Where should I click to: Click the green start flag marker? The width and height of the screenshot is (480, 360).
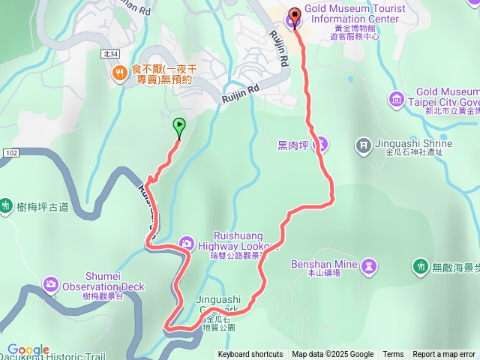pos(179,126)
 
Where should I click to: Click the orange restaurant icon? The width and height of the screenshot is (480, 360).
pos(118,72)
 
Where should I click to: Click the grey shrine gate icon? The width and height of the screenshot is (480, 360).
pos(363,143)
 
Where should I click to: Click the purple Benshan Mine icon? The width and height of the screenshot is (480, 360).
pos(369,265)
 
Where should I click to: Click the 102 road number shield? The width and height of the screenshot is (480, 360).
pos(10,153)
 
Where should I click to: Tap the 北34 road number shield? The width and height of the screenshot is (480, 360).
pos(109,54)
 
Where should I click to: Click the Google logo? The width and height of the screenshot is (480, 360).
pos(28,350)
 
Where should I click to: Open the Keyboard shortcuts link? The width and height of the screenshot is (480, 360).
pos(250,355)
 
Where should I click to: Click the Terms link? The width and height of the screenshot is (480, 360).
pos(393,355)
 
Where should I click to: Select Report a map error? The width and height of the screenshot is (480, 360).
pos(444,355)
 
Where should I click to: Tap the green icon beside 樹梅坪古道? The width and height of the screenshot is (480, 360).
pos(6,205)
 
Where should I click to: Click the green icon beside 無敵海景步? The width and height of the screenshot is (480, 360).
pos(420,266)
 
